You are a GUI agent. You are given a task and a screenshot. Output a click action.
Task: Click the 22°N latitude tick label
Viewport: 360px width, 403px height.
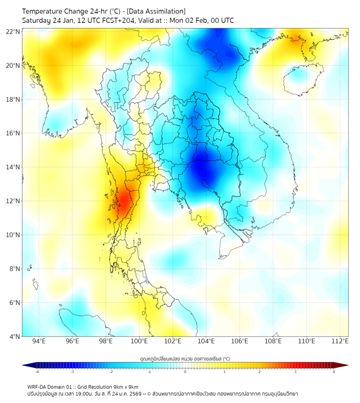[13, 31]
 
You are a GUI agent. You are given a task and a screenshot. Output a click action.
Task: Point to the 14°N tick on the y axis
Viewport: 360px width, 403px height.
[13, 167]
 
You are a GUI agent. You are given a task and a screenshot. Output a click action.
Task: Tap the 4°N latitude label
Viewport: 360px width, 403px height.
[14, 336]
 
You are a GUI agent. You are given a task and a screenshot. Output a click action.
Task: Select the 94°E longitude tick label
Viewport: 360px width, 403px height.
[39, 341]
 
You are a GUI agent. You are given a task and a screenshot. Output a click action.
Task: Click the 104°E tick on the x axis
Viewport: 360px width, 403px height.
[206, 341]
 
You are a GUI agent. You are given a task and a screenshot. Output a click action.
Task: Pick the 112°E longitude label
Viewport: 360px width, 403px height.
[340, 341]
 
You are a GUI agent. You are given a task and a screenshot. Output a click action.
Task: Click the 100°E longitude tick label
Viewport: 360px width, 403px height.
[139, 341]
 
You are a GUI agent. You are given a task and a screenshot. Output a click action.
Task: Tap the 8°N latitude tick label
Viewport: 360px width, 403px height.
[14, 269]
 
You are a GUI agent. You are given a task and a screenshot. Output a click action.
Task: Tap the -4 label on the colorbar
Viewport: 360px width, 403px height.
[37, 372]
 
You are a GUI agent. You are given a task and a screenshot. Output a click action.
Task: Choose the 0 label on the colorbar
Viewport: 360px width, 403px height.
[185, 372]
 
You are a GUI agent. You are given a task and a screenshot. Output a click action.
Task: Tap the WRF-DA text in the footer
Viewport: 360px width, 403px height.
[37, 386]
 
